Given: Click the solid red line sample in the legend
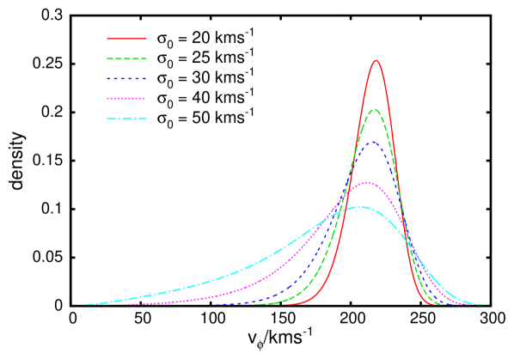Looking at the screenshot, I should click(126, 39).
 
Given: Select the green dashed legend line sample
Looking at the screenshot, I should click(126, 59).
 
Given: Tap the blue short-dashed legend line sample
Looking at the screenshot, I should click(126, 79).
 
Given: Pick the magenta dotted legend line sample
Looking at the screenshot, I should click(126, 99).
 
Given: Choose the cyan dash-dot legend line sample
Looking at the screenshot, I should click(126, 119).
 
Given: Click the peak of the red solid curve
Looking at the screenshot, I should click(376, 60).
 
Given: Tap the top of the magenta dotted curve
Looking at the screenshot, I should click(368, 182).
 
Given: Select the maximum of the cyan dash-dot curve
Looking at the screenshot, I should click(361, 207).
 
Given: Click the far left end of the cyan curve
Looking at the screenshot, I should click(84, 304).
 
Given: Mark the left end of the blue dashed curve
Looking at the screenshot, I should click(215, 304).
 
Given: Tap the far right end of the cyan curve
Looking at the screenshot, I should click(486, 304).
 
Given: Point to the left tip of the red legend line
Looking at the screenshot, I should click(107, 39).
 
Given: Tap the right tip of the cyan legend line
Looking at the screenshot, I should click(146, 119).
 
